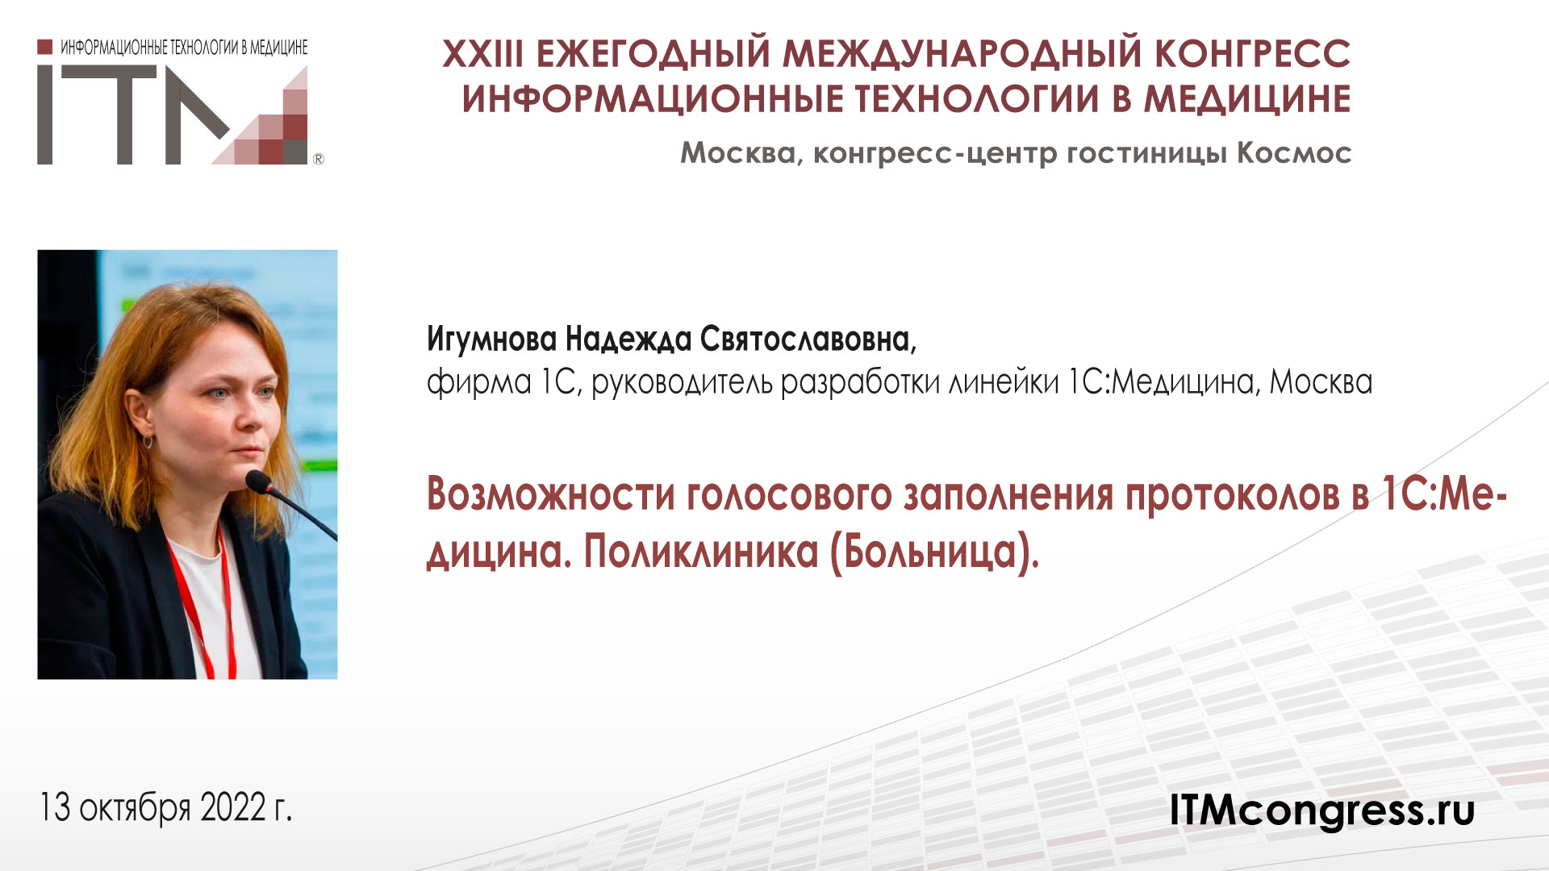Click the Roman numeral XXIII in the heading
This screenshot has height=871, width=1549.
[x=482, y=54]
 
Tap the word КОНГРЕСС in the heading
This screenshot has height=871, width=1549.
[x=1252, y=54]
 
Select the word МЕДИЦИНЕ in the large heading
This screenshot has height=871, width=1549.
[x=1247, y=99]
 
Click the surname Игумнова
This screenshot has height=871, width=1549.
[x=491, y=340]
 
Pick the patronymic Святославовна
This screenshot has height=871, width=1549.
[x=808, y=340]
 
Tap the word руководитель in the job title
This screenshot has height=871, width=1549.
[x=682, y=381]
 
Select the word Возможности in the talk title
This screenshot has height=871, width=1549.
[x=550, y=494]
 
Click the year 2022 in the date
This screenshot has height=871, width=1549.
[x=233, y=807]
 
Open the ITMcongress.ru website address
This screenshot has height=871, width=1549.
[x=1321, y=809]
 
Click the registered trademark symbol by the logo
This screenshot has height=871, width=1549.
[x=318, y=159]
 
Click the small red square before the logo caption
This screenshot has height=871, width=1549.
[x=45, y=47]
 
